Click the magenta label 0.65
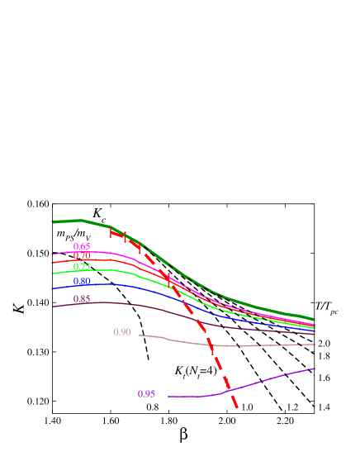[x=82, y=246]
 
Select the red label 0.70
[x=82, y=256]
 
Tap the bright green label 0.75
[x=82, y=267]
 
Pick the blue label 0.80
[x=82, y=281]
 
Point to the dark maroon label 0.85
[x=82, y=299]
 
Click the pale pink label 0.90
[x=122, y=332]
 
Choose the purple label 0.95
[x=146, y=394]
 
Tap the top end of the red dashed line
[x=111, y=231]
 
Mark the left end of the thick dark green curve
[x=53, y=221]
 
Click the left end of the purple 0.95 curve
[x=168, y=397]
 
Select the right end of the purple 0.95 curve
[x=315, y=369]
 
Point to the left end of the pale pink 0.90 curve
[x=140, y=335]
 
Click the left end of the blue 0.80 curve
[x=52, y=288]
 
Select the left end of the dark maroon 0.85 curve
[x=52, y=307]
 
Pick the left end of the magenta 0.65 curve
[x=52, y=254]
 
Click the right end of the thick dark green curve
[x=314, y=319]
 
